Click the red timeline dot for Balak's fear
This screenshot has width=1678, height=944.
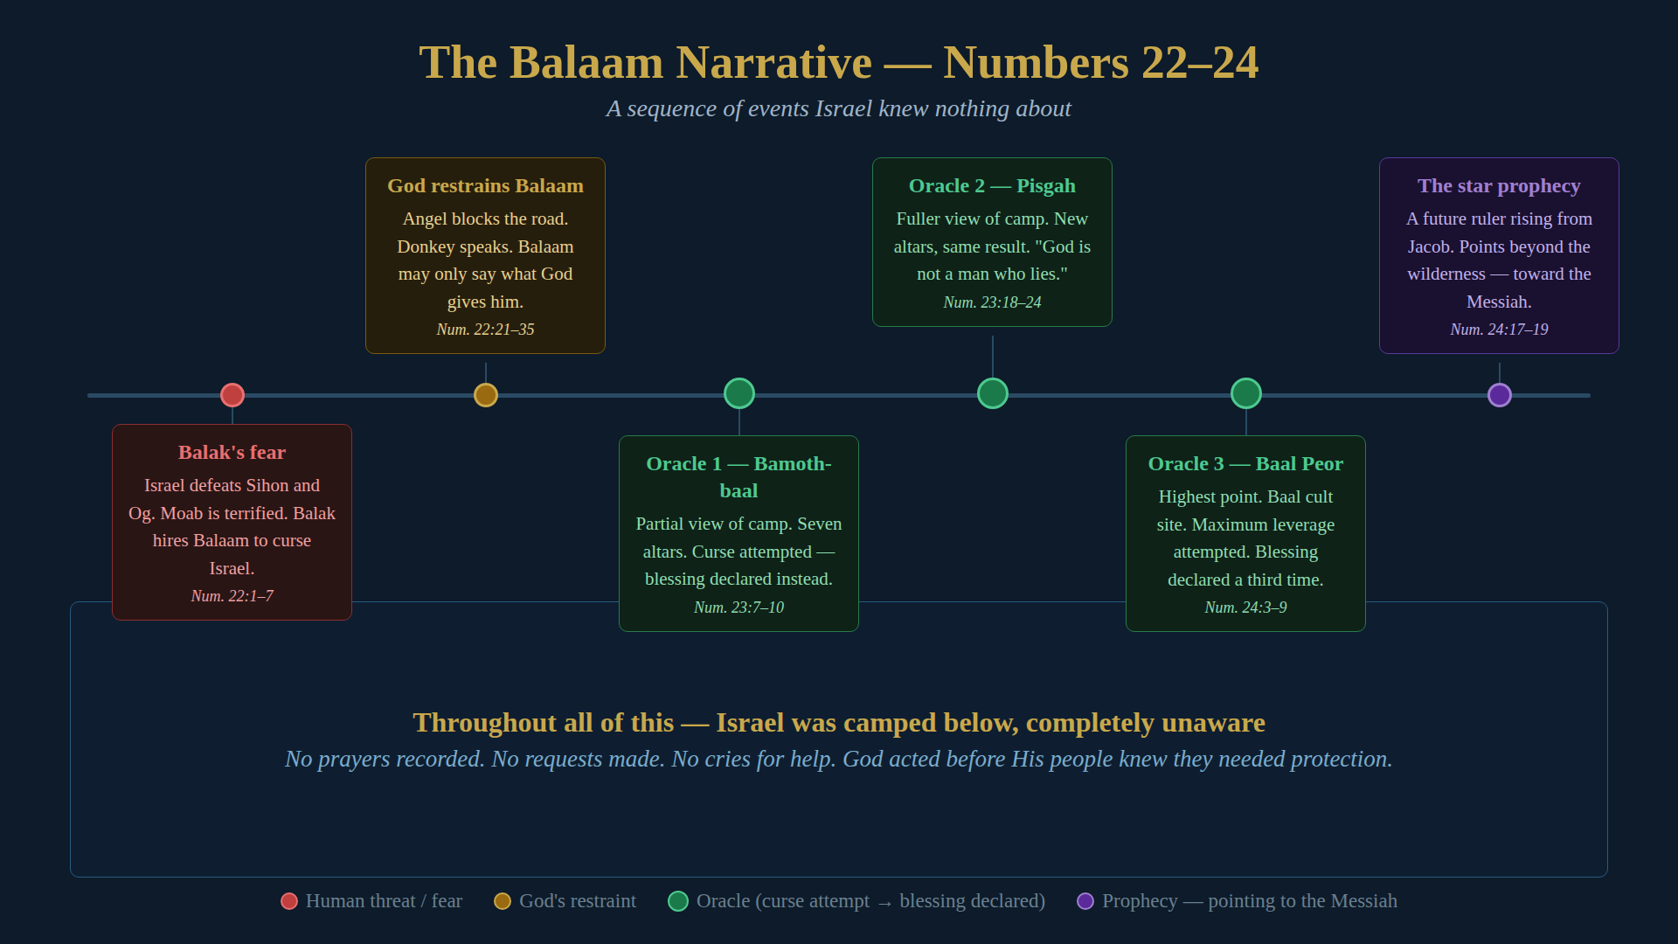(232, 395)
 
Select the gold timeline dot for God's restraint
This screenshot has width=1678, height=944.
(486, 395)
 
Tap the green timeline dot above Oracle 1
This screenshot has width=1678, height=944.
(739, 393)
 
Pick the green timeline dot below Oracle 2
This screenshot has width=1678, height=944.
(993, 393)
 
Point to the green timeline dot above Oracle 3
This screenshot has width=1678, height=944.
(1246, 393)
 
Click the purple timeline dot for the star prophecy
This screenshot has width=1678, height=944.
(1500, 395)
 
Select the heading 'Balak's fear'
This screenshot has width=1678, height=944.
(232, 452)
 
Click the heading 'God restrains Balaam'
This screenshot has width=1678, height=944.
(485, 185)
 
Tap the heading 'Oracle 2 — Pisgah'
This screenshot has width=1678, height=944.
(992, 185)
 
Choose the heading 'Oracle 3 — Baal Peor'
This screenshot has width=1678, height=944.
(1245, 463)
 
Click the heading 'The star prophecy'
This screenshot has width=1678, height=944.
(1499, 185)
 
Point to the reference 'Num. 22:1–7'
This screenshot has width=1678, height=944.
(232, 596)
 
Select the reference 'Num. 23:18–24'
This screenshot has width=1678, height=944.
(992, 302)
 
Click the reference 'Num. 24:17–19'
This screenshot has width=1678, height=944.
(1499, 330)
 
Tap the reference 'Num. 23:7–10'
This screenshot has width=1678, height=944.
(738, 607)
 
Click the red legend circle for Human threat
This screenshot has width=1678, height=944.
(289, 901)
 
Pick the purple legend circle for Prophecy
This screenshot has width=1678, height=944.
(1085, 901)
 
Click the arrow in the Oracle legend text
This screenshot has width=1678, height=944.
(884, 903)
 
